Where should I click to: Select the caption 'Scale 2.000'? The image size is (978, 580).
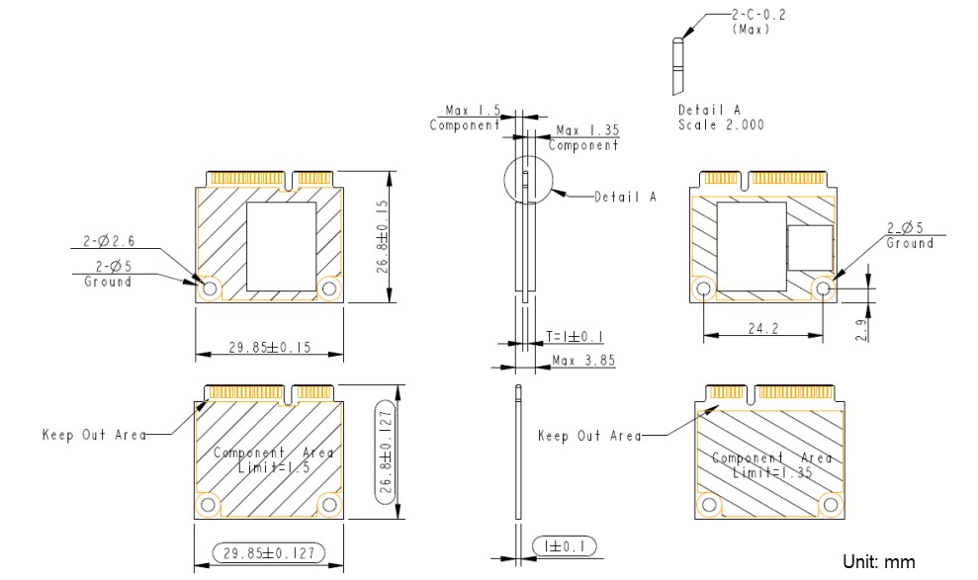pos(721,125)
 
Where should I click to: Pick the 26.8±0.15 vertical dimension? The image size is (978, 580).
pos(382,237)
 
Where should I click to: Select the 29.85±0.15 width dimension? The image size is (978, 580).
pos(269,347)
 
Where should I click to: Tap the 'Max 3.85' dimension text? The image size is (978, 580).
pos(584,361)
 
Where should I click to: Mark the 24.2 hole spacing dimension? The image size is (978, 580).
pos(761,328)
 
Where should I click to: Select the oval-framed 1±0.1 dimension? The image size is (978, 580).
pos(564,545)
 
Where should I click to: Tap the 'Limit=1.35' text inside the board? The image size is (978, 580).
pos(772,473)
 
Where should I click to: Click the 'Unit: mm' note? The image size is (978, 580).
pos(878,561)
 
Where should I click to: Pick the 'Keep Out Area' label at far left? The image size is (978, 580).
pos(94,435)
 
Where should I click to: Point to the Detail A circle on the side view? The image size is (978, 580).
pos(530,183)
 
